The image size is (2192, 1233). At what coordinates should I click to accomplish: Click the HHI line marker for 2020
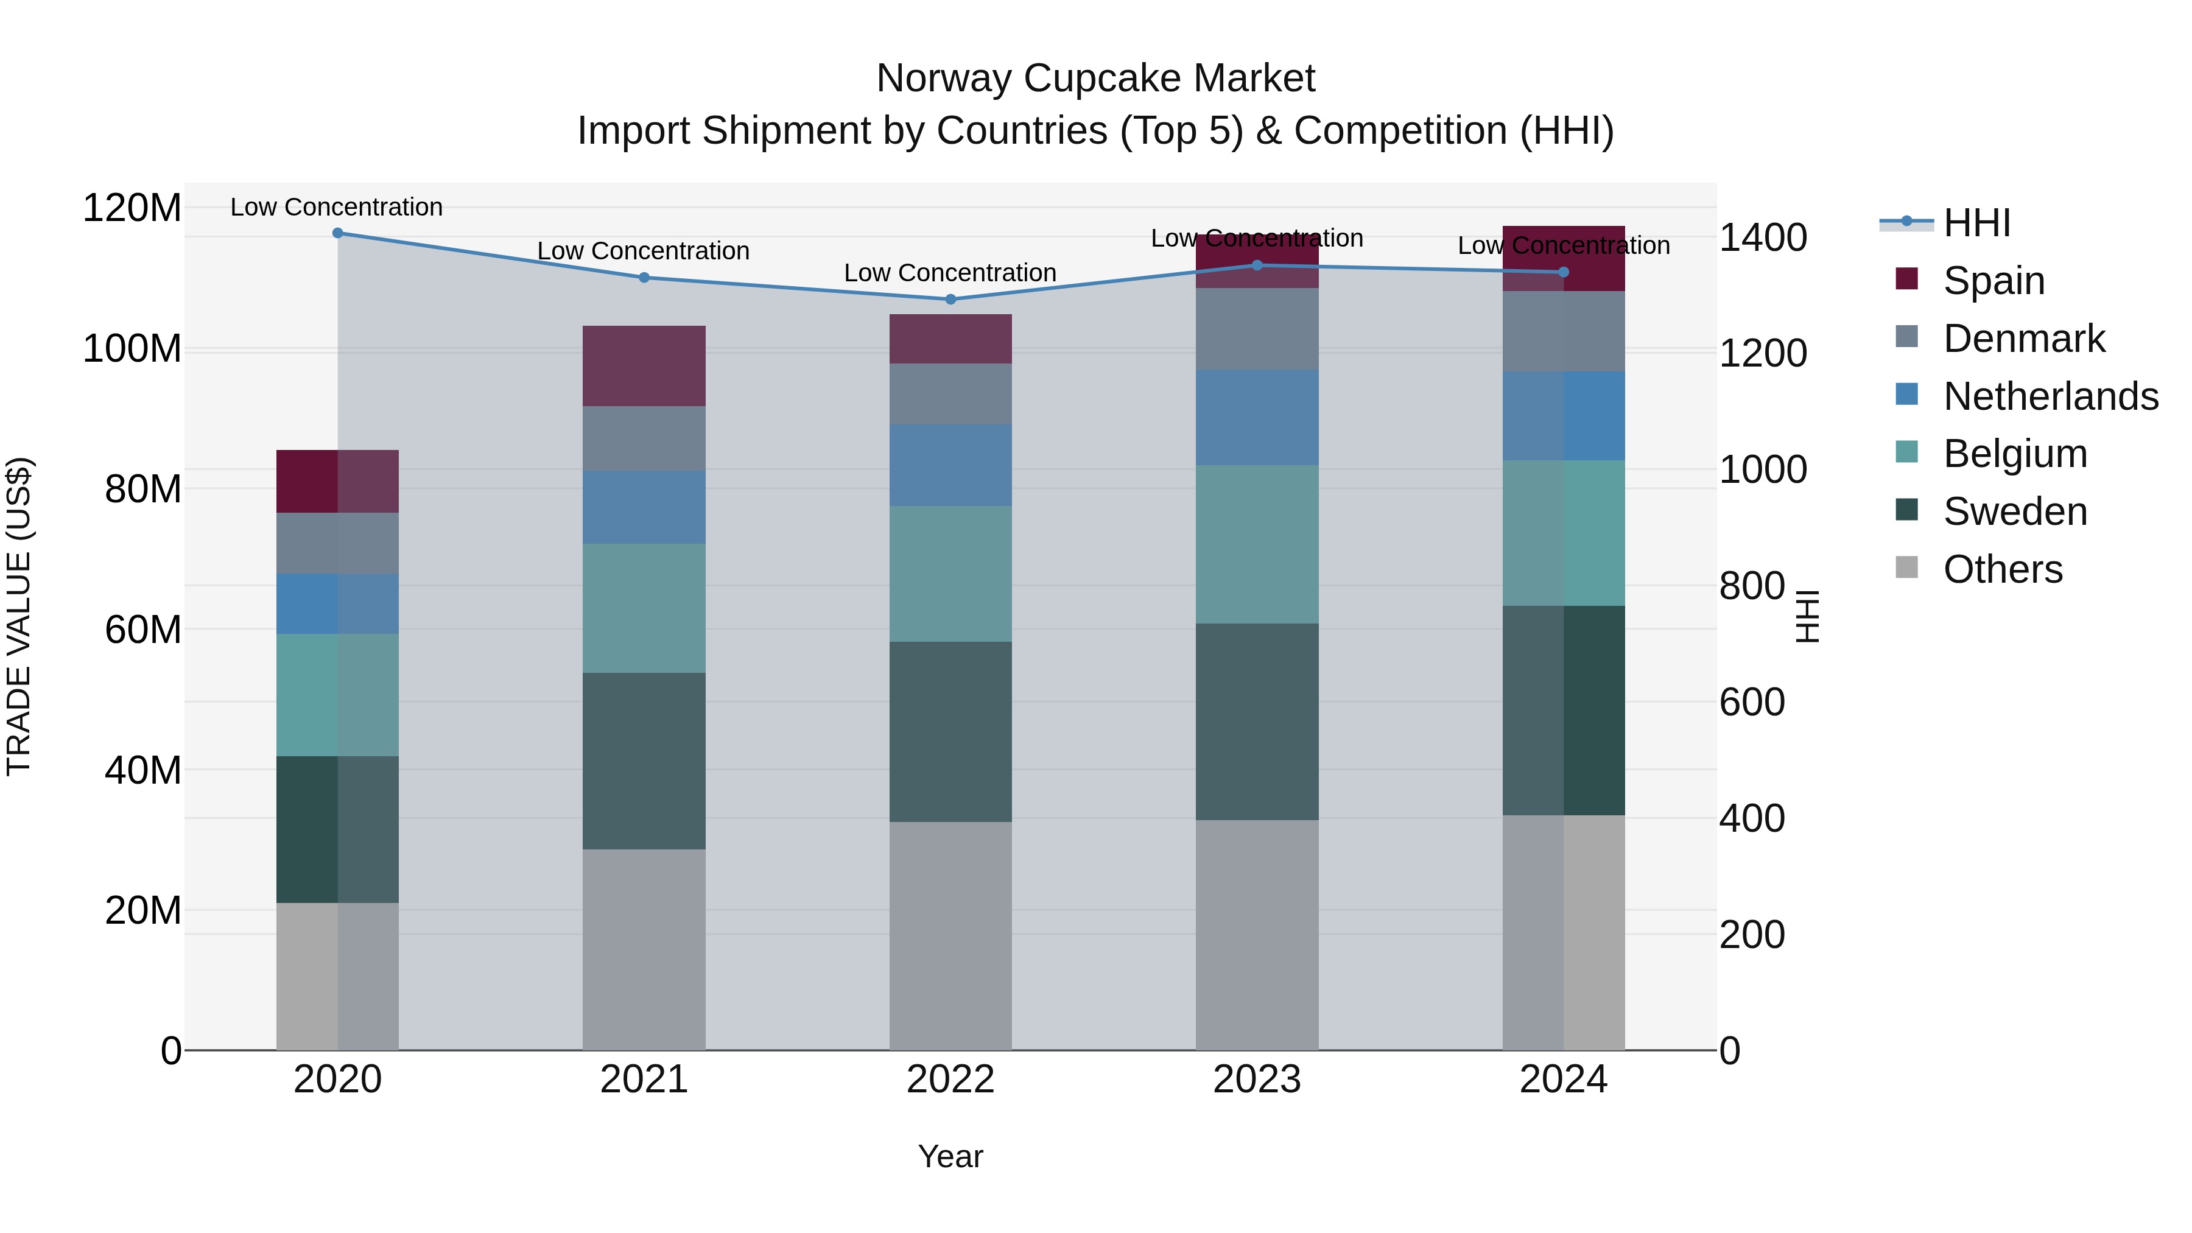[338, 233]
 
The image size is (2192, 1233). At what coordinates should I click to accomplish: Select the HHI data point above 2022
[950, 299]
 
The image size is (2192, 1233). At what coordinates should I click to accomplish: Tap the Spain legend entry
[1993, 281]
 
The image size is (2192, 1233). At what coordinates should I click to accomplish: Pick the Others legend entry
[2001, 569]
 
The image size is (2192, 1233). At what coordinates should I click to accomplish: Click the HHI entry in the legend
[1976, 223]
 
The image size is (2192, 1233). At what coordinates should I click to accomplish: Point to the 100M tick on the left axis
[132, 349]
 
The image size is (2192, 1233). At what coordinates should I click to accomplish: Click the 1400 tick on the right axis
[1762, 237]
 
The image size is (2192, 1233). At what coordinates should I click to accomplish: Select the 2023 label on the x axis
[1257, 1080]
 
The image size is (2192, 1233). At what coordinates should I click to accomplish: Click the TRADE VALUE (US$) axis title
[19, 616]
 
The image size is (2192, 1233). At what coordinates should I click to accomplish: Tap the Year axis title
[950, 1156]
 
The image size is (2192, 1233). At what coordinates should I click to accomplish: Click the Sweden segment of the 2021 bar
[644, 761]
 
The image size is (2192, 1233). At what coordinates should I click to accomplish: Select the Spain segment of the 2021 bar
[644, 366]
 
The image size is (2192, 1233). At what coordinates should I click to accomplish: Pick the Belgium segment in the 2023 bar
[1257, 544]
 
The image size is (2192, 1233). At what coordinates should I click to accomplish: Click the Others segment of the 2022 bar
[950, 935]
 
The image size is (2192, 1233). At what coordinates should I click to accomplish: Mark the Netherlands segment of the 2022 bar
[950, 465]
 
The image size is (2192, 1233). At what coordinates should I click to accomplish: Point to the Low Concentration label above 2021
[644, 251]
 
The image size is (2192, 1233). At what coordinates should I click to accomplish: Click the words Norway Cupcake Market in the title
[1095, 79]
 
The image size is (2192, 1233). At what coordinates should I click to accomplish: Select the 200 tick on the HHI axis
[1751, 934]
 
